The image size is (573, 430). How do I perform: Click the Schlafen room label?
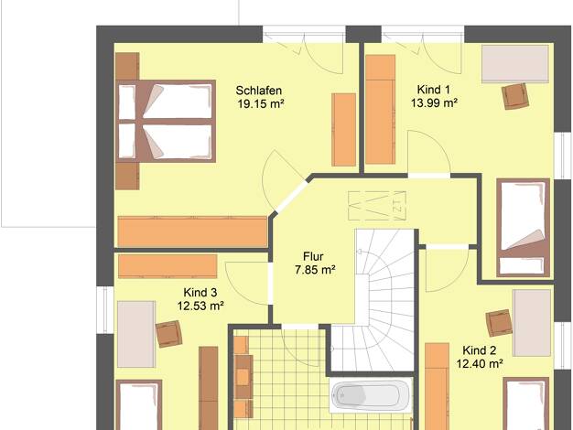259,91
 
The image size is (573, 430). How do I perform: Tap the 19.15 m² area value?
261,104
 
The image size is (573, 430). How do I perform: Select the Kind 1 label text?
433,90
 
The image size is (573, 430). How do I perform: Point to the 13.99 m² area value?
434,103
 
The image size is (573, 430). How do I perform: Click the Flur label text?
313,256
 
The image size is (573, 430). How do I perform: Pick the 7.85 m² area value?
316,270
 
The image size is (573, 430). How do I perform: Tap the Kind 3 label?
200,292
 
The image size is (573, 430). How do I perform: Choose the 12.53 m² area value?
200,306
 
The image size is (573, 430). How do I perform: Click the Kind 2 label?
480,350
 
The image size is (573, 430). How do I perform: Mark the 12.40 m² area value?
480,364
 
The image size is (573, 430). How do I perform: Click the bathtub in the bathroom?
370,395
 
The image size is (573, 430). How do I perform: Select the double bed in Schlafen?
166,122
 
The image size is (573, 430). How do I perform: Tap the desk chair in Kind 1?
515,96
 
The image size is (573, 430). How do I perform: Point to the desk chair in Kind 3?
169,334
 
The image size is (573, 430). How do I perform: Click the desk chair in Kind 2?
499,323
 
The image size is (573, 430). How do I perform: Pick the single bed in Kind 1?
524,228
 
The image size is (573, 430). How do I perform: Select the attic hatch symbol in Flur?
377,206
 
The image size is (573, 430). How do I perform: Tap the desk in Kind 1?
515,64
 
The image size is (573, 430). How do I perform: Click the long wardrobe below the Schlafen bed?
192,231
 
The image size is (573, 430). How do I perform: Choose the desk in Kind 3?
136,334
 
